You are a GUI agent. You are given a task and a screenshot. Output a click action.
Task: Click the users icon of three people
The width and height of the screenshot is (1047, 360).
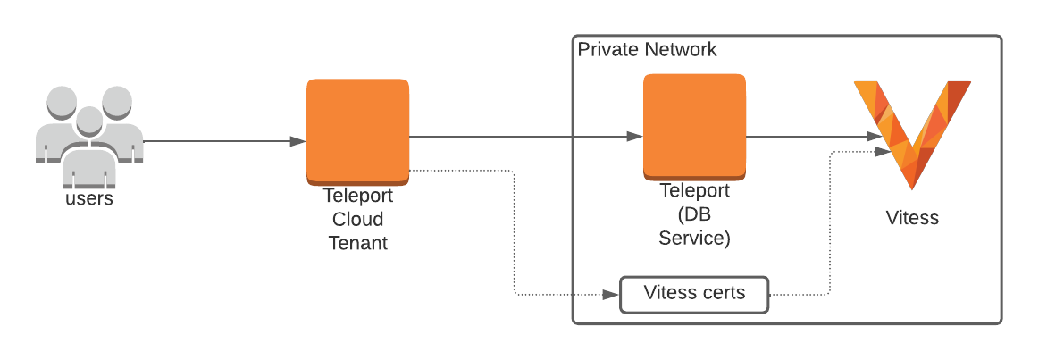coord(88,134)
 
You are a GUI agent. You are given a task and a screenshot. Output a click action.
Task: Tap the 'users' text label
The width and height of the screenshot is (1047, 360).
coord(89,198)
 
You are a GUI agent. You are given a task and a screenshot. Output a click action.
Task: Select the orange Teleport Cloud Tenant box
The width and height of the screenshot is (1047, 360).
coord(357,130)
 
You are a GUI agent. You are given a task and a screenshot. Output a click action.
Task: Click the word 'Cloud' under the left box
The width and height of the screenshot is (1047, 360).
coord(357,220)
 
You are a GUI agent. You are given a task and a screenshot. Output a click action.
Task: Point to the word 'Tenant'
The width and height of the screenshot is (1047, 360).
coord(357,242)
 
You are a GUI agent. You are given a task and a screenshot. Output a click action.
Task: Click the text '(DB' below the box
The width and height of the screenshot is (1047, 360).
coord(694,214)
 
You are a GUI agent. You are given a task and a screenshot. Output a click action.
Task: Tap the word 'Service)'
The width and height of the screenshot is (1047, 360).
coord(694,238)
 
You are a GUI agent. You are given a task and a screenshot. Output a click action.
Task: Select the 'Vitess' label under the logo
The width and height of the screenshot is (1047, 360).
coord(912,217)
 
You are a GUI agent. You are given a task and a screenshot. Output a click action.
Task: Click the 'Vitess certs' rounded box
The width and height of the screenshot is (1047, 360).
coord(694,294)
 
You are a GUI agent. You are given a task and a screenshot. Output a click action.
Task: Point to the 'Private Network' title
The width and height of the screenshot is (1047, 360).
coord(647,49)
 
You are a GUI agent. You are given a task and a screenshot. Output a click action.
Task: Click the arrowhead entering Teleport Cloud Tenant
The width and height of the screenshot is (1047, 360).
coord(298,141)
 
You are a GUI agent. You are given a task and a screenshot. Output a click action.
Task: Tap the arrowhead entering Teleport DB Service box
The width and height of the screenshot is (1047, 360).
coord(634,137)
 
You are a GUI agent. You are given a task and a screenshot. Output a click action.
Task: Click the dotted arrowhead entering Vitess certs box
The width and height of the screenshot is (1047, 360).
coord(612,294)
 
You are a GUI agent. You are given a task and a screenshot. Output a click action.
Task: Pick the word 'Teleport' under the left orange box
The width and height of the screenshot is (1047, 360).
coord(357,197)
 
